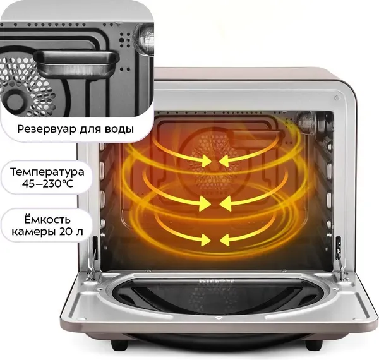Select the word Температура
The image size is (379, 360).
47,172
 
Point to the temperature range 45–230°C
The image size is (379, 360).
47,184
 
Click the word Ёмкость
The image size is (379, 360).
47,220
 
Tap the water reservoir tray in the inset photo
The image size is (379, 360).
76,63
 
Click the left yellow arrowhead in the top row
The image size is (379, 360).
206,160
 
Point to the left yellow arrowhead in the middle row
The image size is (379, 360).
205,203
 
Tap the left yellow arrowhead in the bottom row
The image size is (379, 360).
206,240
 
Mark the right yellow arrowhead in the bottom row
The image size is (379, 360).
225,240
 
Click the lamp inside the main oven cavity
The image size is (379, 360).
305,121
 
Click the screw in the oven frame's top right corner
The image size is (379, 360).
337,98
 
